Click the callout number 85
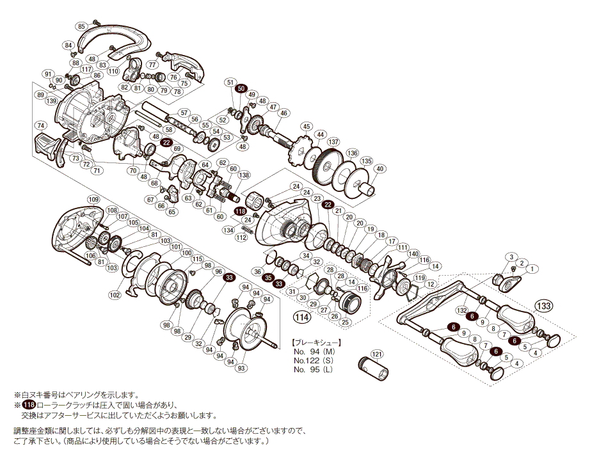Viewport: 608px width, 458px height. click(x=81, y=26)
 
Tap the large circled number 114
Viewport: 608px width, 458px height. click(x=301, y=316)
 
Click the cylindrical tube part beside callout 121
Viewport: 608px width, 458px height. click(x=371, y=370)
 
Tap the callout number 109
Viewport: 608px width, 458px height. click(x=93, y=200)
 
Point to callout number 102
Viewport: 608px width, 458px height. click(x=115, y=295)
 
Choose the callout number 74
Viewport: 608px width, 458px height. click(x=41, y=125)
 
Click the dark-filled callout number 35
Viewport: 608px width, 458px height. click(x=269, y=278)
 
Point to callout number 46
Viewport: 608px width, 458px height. click(x=284, y=113)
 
